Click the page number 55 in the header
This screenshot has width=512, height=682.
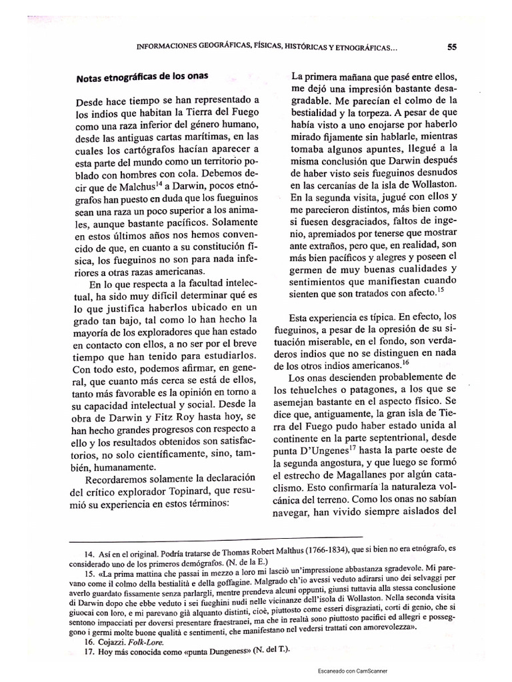451,47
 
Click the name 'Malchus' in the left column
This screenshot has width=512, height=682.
137,185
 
